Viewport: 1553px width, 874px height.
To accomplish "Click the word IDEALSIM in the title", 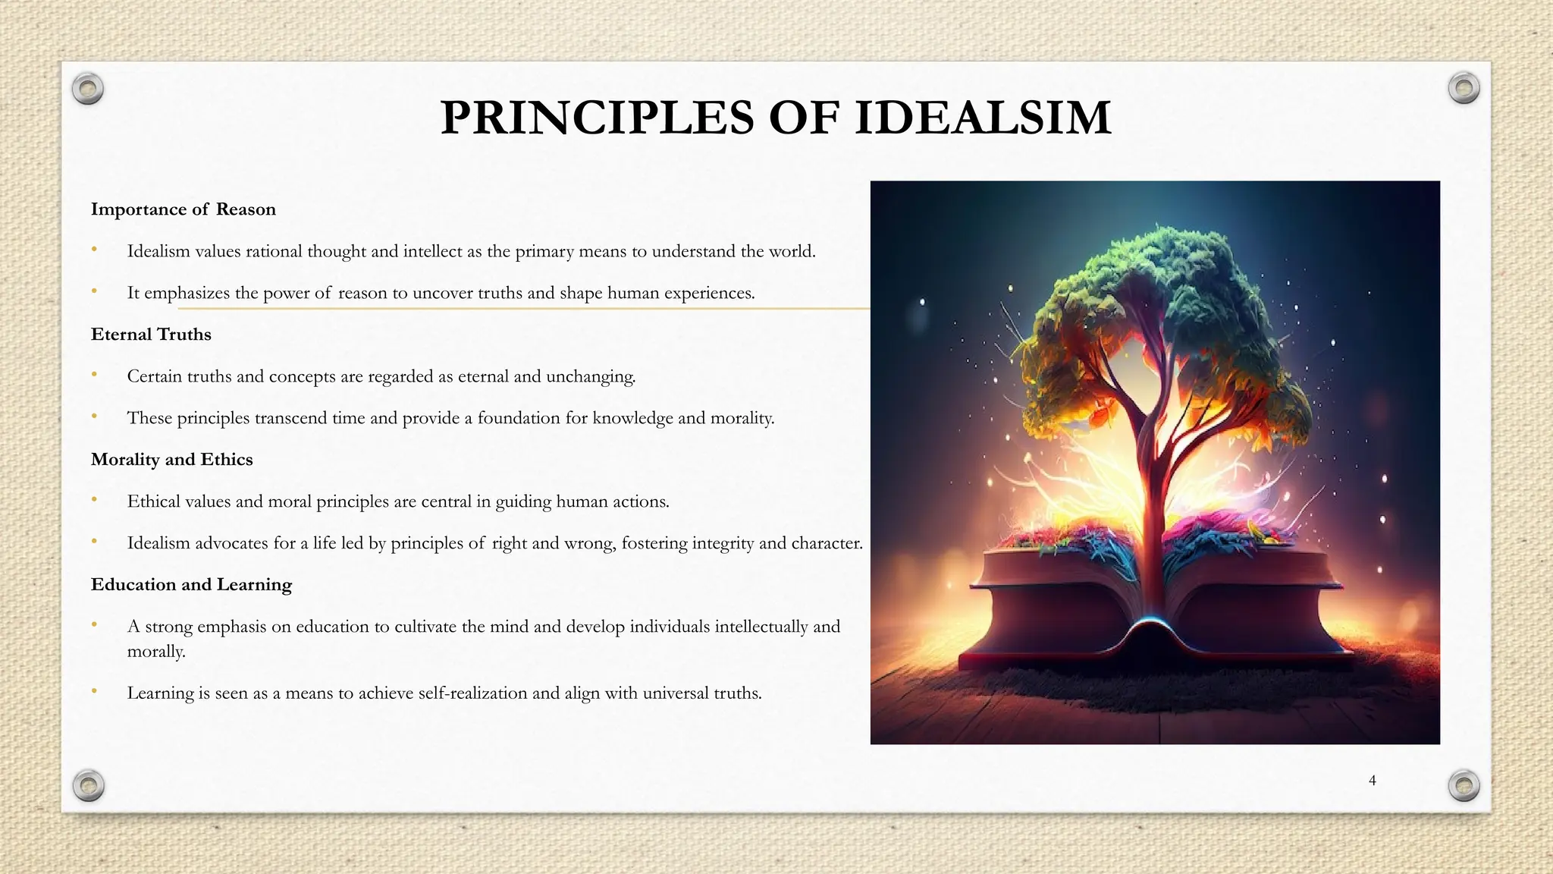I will pos(983,118).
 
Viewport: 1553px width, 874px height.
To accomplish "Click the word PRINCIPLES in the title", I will pos(598,118).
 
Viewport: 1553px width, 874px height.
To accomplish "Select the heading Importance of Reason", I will pos(183,209).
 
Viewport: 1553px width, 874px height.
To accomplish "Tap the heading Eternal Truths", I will pos(151,335).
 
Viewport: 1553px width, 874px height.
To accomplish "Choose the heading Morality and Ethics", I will pos(171,460).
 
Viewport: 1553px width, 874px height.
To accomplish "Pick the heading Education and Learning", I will pos(191,585).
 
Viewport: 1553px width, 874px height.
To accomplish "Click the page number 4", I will pos(1372,780).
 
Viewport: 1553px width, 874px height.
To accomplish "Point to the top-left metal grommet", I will pos(88,90).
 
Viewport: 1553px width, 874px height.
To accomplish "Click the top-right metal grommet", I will pos(1464,89).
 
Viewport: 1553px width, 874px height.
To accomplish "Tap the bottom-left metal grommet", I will pos(89,785).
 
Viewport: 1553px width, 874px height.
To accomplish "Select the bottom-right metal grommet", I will pos(1464,785).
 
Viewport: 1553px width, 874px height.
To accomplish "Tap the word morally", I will pos(155,652).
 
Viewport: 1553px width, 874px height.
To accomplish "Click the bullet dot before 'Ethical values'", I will pos(94,500).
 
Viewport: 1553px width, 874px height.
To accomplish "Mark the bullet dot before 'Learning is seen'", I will pos(94,691).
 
